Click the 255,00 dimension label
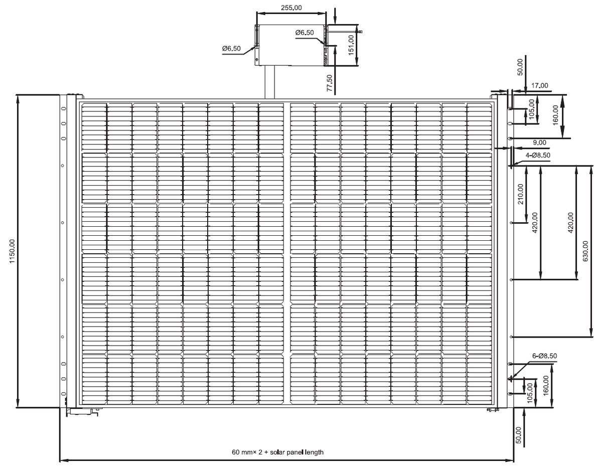point(291,8)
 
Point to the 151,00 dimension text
point(351,45)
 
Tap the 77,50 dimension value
point(329,83)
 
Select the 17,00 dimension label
point(539,86)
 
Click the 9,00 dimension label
point(539,142)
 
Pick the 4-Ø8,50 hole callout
point(538,155)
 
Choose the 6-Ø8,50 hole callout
point(544,356)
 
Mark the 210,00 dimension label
point(521,194)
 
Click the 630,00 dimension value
point(585,251)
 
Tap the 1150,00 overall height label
point(12,251)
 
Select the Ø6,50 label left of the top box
point(231,49)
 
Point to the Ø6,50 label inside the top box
point(305,33)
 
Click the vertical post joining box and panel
point(269,82)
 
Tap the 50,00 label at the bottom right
point(519,435)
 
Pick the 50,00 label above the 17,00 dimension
point(520,67)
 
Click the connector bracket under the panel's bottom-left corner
point(82,412)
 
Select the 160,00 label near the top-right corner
point(555,115)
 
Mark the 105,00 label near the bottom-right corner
point(529,393)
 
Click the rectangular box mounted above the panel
point(291,45)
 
